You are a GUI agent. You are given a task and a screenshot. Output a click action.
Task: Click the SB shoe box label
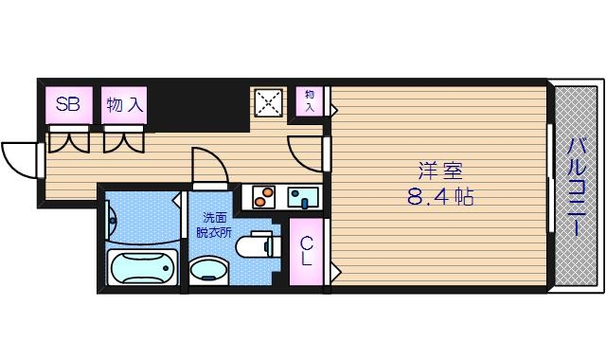pyautogui.click(x=67, y=104)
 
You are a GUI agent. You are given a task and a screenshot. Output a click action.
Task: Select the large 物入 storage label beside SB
pyautogui.click(x=125, y=104)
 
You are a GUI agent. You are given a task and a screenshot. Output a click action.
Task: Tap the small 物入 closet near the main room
pyautogui.click(x=310, y=99)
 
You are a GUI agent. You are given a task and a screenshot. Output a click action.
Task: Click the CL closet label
pyautogui.click(x=308, y=251)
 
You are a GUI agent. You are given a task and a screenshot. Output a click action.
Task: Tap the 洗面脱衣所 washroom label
pyautogui.click(x=213, y=224)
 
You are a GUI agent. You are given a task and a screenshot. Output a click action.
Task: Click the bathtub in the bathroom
pyautogui.click(x=143, y=267)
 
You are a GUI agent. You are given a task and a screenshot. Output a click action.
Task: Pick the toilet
pyautogui.click(x=253, y=246)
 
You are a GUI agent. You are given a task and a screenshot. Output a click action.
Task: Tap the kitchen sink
pyautogui.click(x=304, y=197)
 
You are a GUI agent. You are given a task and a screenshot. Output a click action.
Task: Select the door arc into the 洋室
pyautogui.click(x=306, y=152)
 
